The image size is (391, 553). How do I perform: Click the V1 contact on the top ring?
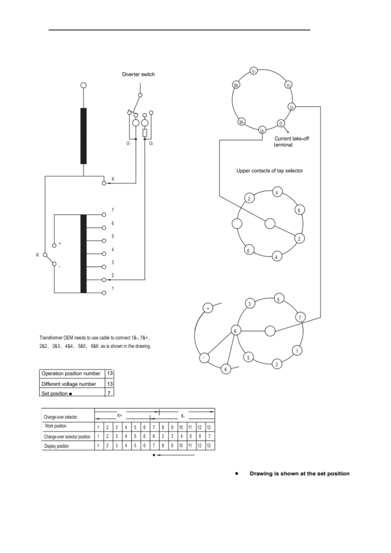point(254,71)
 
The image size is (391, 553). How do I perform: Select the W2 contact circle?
point(236,85)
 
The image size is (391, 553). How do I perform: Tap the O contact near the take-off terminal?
point(281,123)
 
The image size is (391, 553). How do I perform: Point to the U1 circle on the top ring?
point(292,107)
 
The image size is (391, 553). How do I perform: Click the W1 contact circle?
point(242,122)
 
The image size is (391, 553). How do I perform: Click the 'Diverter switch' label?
point(138,74)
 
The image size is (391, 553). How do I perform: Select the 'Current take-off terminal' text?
point(292,142)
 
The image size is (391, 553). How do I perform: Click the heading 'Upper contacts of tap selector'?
point(270,171)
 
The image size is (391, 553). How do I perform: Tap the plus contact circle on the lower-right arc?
point(208,308)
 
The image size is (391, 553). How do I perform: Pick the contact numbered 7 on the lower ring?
point(300,317)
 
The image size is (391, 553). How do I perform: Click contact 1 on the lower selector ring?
point(297,351)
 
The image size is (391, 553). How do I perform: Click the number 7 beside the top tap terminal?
point(113,210)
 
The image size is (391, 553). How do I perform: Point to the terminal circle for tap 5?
point(104,241)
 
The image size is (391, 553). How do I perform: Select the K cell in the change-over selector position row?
point(154,437)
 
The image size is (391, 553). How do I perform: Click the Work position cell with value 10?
point(181,427)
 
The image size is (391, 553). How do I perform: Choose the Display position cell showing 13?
point(208,446)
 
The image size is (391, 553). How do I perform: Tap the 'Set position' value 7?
point(109,393)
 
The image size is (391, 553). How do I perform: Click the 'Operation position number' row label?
point(71,374)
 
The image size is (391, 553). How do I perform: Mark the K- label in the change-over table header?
point(183,416)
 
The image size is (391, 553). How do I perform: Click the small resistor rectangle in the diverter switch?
point(144,133)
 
